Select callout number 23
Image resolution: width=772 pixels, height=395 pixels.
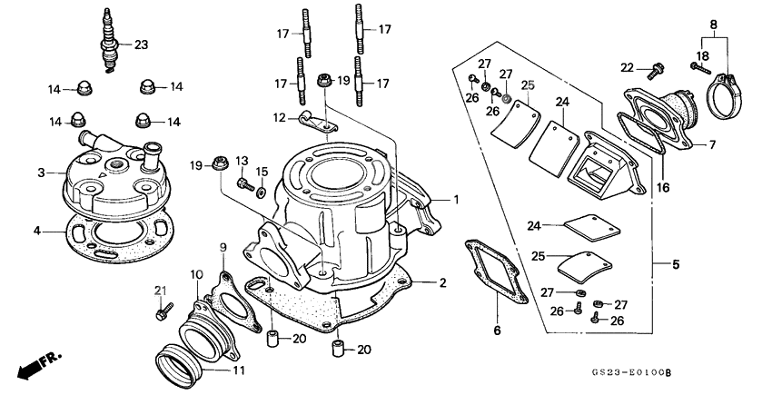141,44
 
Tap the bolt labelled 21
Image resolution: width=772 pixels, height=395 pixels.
161,311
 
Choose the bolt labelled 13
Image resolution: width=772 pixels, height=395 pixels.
242,183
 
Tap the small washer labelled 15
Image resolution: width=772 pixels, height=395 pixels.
262,192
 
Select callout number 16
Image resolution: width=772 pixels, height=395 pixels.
664,188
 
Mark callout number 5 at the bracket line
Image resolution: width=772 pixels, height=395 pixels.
675,265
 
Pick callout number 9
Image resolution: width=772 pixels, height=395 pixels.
223,247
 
